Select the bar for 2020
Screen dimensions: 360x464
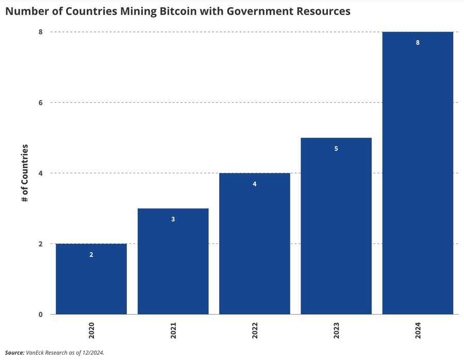[x=91, y=281]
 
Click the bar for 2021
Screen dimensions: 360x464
[x=173, y=263]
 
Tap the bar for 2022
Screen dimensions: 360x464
[x=255, y=245]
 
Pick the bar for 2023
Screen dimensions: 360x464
[x=336, y=227]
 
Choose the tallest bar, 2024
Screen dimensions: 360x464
[x=418, y=175]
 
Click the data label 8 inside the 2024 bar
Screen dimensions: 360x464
[x=418, y=43]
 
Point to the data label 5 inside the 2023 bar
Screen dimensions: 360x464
[x=336, y=149]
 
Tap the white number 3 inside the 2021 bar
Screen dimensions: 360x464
[x=173, y=219]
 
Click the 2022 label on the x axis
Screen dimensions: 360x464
[x=255, y=331]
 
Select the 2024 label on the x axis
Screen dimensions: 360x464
[x=418, y=331]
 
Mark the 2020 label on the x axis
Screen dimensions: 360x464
[x=91, y=331]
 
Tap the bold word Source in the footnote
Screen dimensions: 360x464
[x=14, y=353]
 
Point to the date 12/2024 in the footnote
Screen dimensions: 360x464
[x=93, y=353]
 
